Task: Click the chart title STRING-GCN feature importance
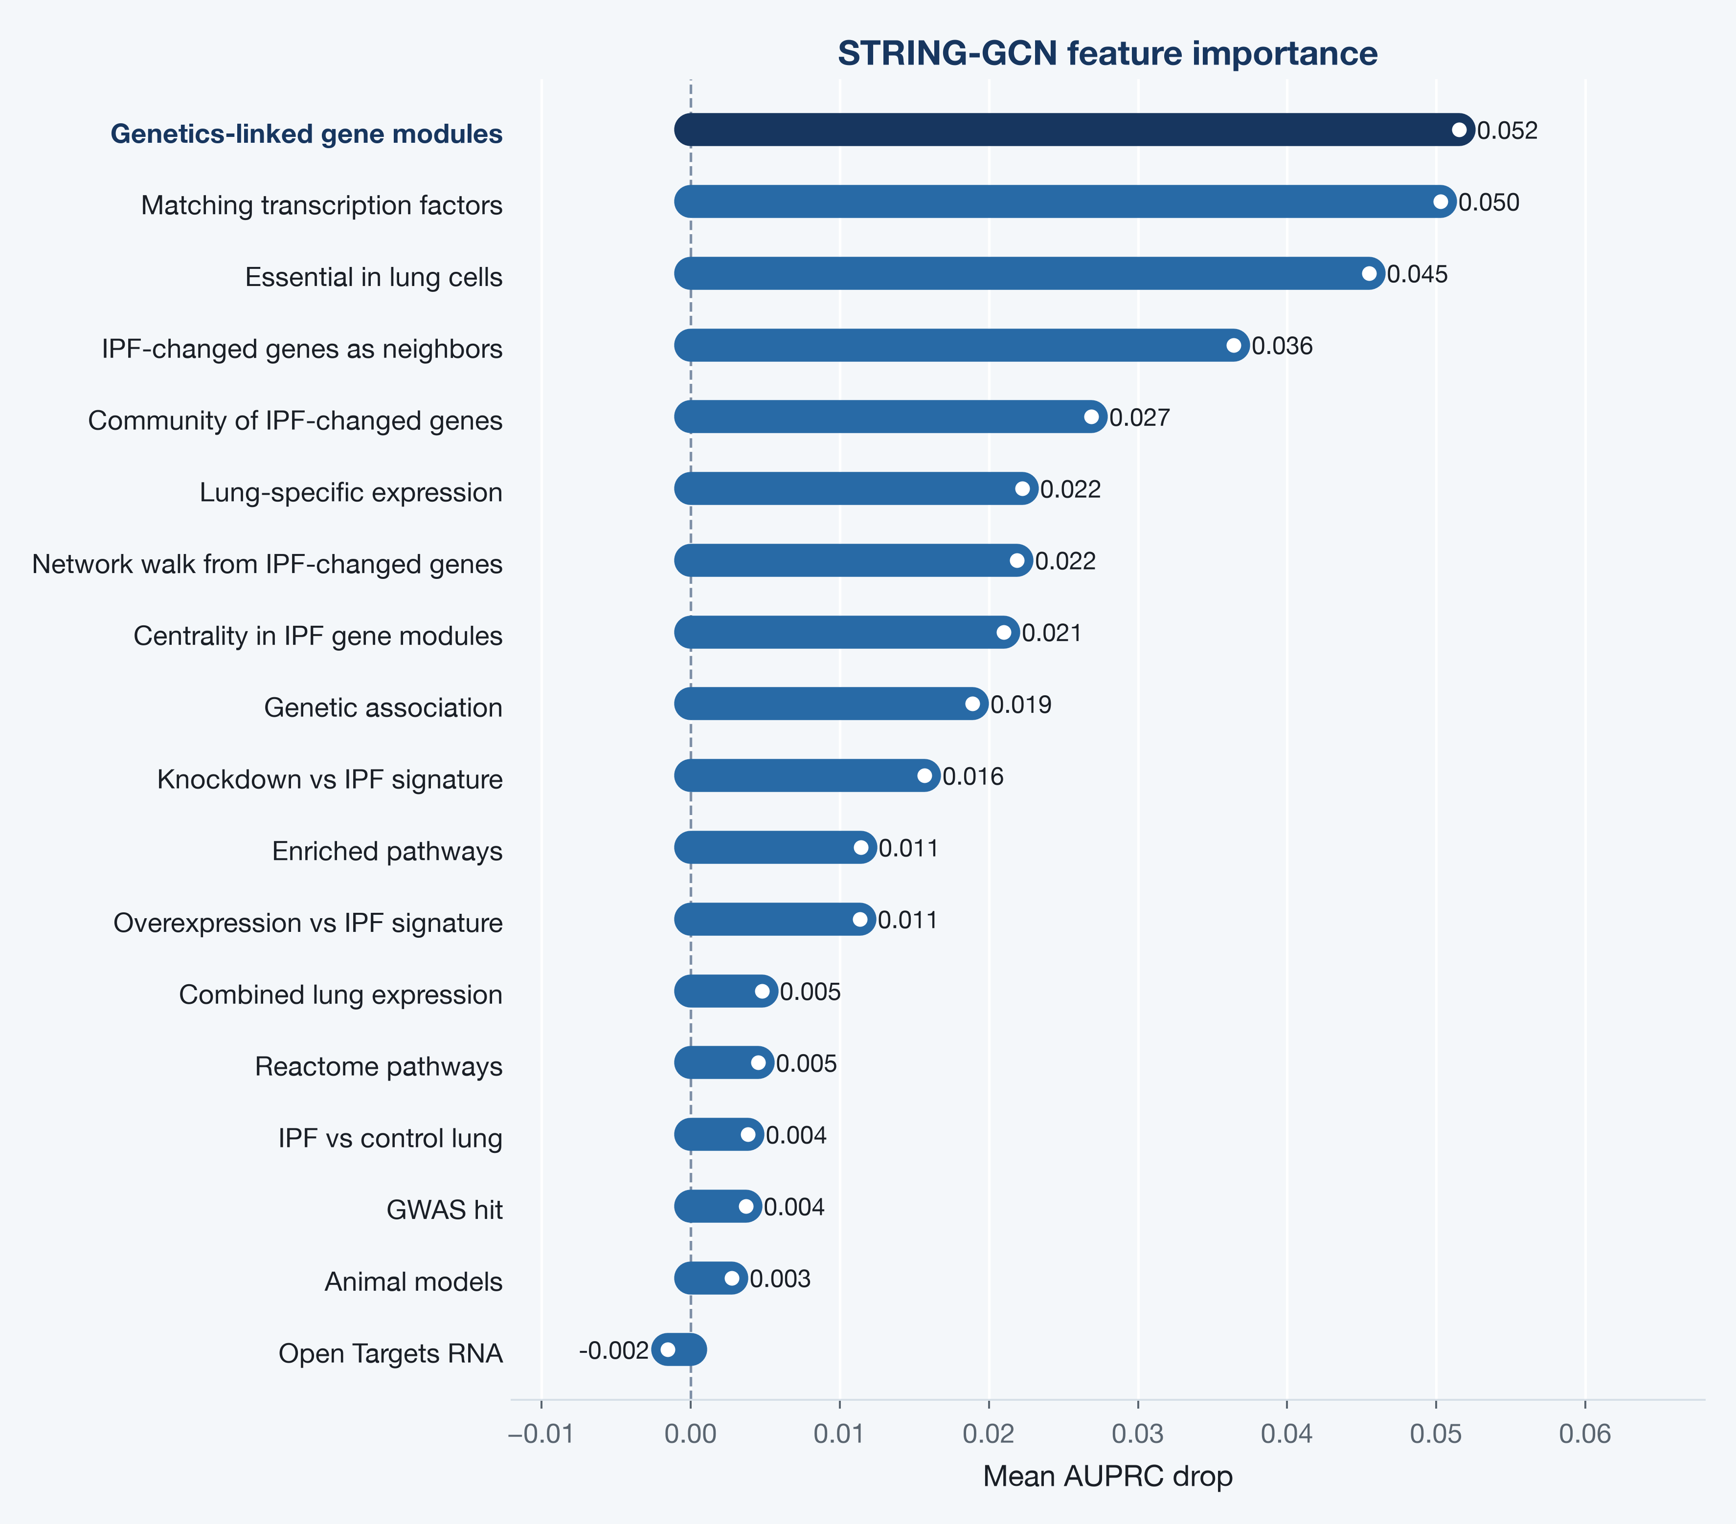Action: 1107,53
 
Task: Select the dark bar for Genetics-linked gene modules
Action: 1074,130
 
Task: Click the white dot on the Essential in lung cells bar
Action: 1369,273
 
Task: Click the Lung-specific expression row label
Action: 351,492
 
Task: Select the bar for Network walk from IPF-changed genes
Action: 854,560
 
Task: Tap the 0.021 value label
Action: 1052,633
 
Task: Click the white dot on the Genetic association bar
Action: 972,704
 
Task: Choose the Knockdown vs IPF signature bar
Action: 807,775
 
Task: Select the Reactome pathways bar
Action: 723,1062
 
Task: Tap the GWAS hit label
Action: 444,1210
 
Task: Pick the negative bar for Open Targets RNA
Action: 678,1349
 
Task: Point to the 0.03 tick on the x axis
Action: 1137,1434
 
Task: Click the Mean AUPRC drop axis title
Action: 1107,1477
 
